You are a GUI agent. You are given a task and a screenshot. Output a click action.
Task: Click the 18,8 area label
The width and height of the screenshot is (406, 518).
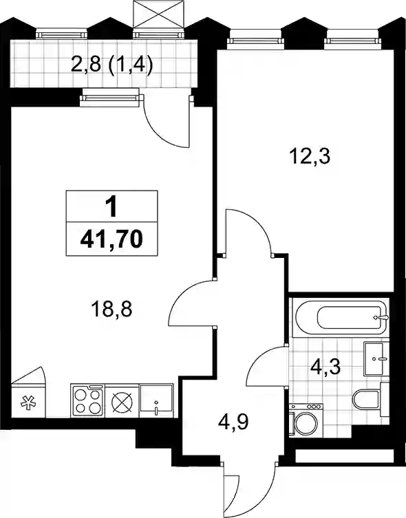(x=112, y=310)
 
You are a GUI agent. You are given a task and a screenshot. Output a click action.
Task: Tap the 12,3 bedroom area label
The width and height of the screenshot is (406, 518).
(x=310, y=156)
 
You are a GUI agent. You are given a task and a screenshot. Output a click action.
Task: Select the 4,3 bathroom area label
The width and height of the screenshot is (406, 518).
(x=325, y=367)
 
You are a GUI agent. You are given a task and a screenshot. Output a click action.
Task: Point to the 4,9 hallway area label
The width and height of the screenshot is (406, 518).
(x=233, y=422)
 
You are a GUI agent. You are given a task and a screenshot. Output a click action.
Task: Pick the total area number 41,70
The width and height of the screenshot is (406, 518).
(x=111, y=239)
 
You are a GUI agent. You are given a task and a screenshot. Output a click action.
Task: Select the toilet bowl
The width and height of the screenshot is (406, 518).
(x=367, y=400)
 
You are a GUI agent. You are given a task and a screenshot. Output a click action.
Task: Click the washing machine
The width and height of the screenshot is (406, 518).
(x=306, y=420)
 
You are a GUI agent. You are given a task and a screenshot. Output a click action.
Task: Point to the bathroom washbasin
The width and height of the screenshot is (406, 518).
(x=374, y=359)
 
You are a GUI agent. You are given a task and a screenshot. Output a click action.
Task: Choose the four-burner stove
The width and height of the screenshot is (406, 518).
(x=87, y=400)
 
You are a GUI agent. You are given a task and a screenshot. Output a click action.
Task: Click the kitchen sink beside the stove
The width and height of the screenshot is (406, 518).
(x=156, y=400)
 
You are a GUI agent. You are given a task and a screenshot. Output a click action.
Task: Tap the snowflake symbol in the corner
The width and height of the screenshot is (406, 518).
(x=28, y=402)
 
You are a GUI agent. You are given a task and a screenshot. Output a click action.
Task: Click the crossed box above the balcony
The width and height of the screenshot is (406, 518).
(x=158, y=14)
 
